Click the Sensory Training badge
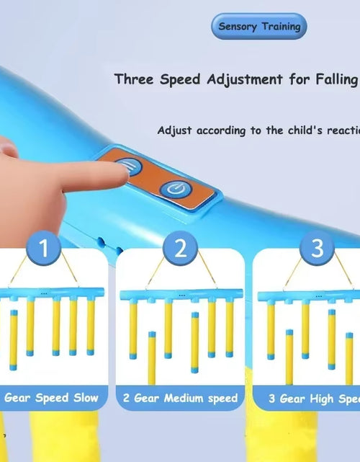tap(258, 27)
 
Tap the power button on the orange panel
tap(173, 189)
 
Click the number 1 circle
tap(44, 249)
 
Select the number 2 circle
tap(180, 249)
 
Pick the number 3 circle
tap(316, 249)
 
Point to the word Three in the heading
tap(134, 79)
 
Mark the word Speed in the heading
tap(181, 79)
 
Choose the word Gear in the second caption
tap(146, 397)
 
